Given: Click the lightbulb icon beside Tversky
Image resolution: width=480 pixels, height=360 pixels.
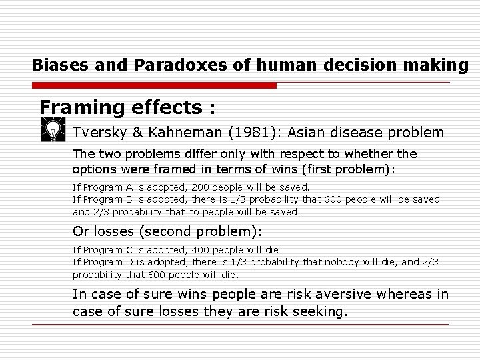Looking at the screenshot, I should [x=52, y=129].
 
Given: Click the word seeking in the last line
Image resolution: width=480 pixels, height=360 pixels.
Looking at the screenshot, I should [x=319, y=311].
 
